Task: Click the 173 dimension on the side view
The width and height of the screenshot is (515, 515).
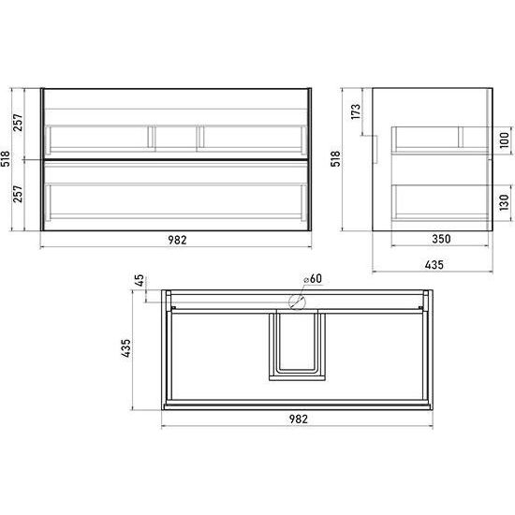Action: pyautogui.click(x=356, y=111)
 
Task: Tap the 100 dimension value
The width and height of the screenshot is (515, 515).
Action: pyautogui.click(x=504, y=140)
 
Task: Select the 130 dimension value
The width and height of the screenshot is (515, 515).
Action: pyautogui.click(x=504, y=202)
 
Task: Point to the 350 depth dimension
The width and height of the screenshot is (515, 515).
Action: pyautogui.click(x=441, y=239)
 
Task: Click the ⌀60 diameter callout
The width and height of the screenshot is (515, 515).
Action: pyautogui.click(x=313, y=278)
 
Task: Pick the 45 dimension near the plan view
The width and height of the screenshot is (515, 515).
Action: pyautogui.click(x=140, y=280)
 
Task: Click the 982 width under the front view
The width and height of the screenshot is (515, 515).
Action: pyautogui.click(x=177, y=240)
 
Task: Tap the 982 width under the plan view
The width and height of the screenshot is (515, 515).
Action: pyautogui.click(x=298, y=419)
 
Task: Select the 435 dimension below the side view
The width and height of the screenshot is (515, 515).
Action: pyautogui.click(x=434, y=265)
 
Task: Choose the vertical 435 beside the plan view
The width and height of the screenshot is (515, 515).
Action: pyautogui.click(x=125, y=348)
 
